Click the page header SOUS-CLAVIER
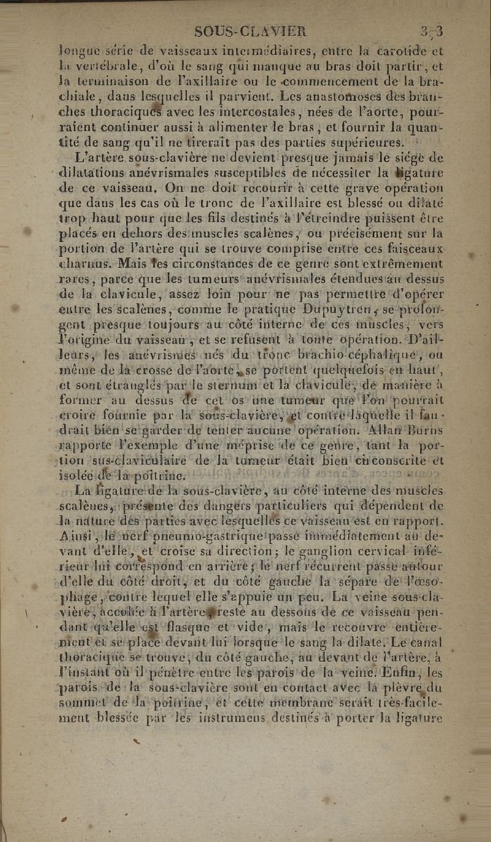point(250,31)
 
